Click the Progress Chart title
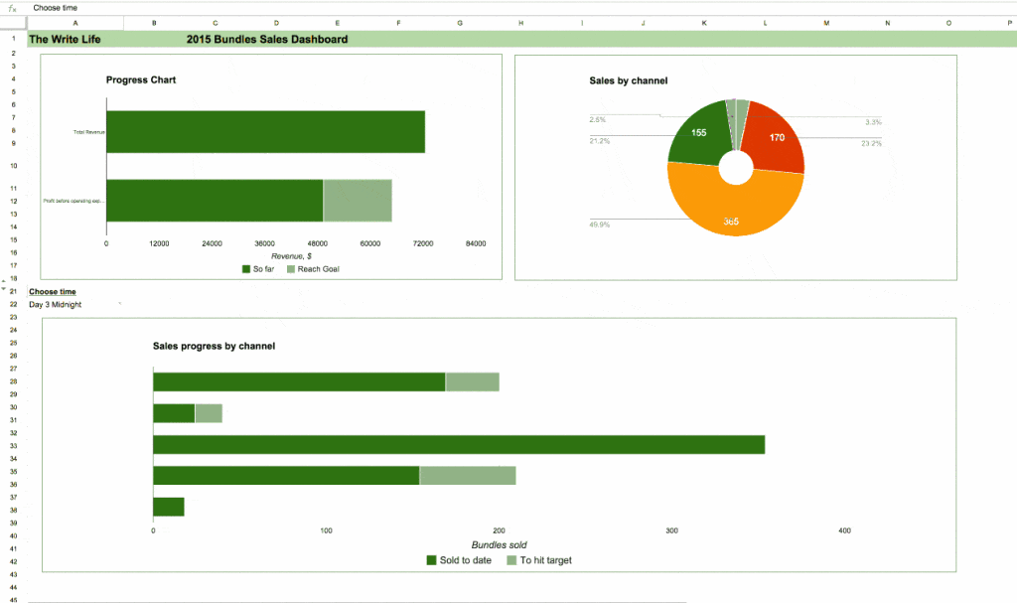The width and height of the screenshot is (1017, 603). point(141,79)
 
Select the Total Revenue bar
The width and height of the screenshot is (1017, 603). point(265,132)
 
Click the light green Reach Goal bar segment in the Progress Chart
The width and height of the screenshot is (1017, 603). point(358,201)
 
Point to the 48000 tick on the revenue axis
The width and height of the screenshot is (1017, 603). point(318,244)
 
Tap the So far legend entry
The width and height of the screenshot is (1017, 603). point(257,269)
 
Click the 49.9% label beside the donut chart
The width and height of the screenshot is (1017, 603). point(600,225)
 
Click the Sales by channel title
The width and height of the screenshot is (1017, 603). point(628,80)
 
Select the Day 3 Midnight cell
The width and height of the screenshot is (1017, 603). point(56,305)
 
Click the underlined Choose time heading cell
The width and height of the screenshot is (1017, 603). point(52,292)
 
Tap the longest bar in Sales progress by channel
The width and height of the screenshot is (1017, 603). point(458,444)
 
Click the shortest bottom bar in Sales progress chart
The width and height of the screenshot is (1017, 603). point(169,507)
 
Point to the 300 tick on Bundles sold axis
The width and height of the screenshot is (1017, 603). point(672,531)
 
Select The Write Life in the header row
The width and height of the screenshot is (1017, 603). point(65,40)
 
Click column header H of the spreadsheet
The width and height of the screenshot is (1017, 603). point(520,22)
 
